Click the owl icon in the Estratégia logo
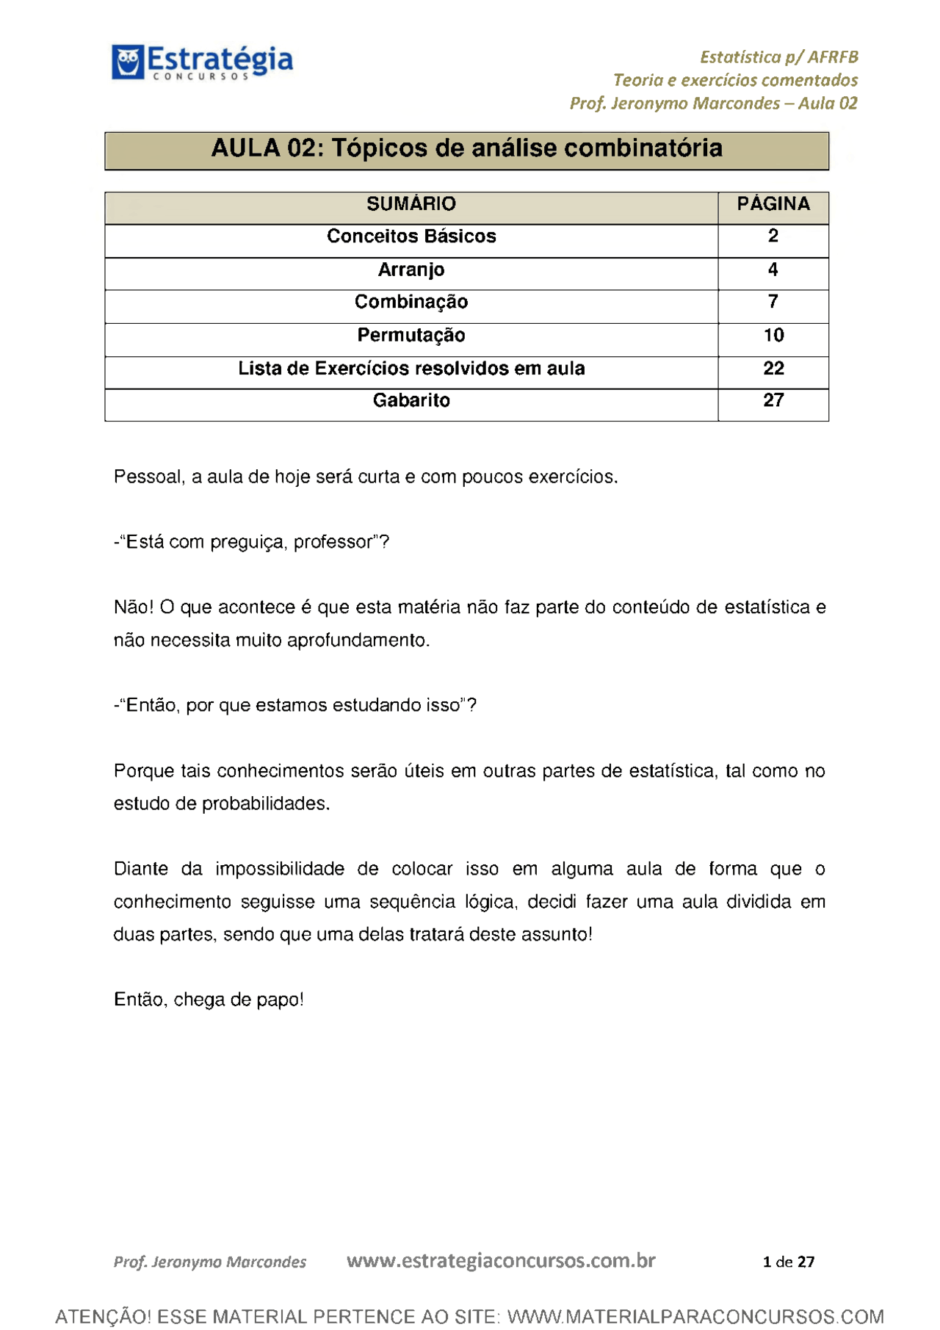coord(127,62)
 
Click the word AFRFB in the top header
coord(833,57)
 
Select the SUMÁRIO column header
coord(411,203)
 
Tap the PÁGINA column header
coord(773,203)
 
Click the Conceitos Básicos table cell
coord(411,236)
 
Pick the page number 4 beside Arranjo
coord(773,270)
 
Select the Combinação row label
coord(411,302)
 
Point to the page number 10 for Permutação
coord(773,335)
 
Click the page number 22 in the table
coord(773,368)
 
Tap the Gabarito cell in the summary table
coord(411,400)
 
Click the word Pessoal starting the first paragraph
coord(147,477)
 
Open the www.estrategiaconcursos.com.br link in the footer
coord(500,1261)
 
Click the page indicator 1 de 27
coord(788,1262)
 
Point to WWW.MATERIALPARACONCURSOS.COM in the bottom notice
coord(695,1316)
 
